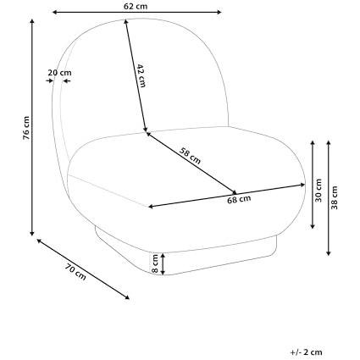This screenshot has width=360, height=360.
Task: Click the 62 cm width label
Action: coord(136,6)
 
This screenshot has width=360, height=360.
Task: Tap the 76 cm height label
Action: coord(26,128)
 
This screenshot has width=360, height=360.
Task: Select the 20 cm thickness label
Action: coord(59,73)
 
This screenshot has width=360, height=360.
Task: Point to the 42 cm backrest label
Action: coord(141,75)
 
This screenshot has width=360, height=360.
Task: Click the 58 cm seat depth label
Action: coord(191,157)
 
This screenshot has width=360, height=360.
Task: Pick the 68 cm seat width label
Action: coord(239,199)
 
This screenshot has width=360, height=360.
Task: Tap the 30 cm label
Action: coord(318,190)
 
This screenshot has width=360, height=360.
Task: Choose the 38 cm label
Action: coord(335,197)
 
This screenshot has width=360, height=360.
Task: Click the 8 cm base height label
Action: coord(155,263)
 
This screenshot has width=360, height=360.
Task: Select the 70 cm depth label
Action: coord(75,272)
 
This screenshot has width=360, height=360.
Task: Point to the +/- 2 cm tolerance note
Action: coord(306,352)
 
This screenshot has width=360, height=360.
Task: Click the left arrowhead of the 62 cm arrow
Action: coord(53,12)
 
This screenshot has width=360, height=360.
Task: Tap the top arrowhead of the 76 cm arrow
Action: coord(32,20)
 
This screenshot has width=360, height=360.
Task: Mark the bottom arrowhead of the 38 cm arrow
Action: coord(329,254)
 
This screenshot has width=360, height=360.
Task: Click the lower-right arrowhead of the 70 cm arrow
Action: coord(128,298)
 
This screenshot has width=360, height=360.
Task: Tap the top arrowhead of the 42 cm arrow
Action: coord(125,20)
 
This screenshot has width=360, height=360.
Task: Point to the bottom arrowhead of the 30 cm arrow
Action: coord(313,227)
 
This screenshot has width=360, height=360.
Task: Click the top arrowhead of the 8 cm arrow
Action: coord(163,255)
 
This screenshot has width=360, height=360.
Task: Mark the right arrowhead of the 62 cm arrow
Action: coord(220,12)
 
